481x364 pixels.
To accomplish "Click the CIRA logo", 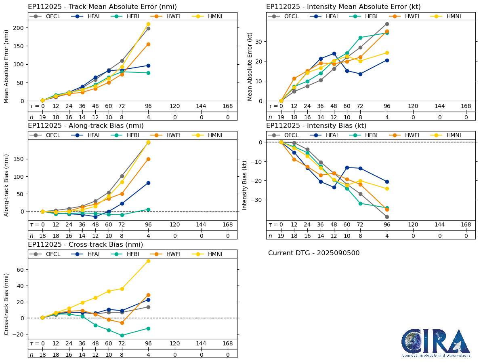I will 436,343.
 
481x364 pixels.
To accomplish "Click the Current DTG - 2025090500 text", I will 314,253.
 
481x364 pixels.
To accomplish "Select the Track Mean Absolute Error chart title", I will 102,7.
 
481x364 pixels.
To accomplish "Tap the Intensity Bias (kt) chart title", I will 316,126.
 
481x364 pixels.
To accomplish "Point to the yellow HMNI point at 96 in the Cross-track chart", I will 148,261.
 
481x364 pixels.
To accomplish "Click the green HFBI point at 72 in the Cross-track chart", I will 122,335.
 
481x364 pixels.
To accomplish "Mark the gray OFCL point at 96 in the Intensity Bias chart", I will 387,217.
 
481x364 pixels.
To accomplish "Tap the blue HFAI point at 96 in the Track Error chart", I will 148,66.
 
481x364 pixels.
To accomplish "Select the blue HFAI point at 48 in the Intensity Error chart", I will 334,53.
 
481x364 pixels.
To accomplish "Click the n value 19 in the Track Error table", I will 42,117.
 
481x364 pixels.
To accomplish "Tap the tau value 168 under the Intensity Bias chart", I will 466,225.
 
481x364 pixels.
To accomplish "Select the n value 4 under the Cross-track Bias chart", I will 148,355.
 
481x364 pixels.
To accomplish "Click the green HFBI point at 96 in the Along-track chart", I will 148,210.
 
